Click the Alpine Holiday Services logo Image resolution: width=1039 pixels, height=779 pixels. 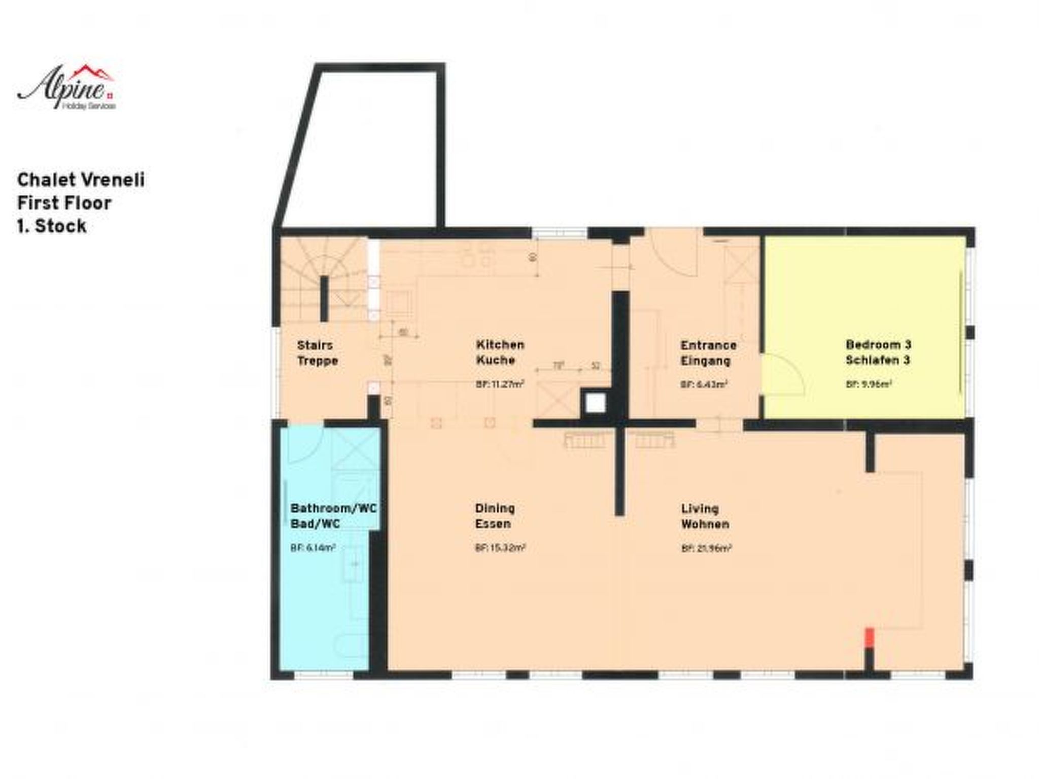point(66,88)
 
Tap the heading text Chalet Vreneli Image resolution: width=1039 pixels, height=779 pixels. point(81,180)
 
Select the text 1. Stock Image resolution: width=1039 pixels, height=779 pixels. point(51,226)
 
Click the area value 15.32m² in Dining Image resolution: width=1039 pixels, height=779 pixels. point(500,548)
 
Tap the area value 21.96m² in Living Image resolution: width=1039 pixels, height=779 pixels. point(706,548)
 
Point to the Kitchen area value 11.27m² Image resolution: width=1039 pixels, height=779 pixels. point(500,384)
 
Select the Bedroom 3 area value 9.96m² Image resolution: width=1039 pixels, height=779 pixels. point(869,384)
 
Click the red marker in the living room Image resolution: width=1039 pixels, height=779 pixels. point(869,637)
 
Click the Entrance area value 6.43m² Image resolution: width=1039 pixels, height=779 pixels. point(704,384)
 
